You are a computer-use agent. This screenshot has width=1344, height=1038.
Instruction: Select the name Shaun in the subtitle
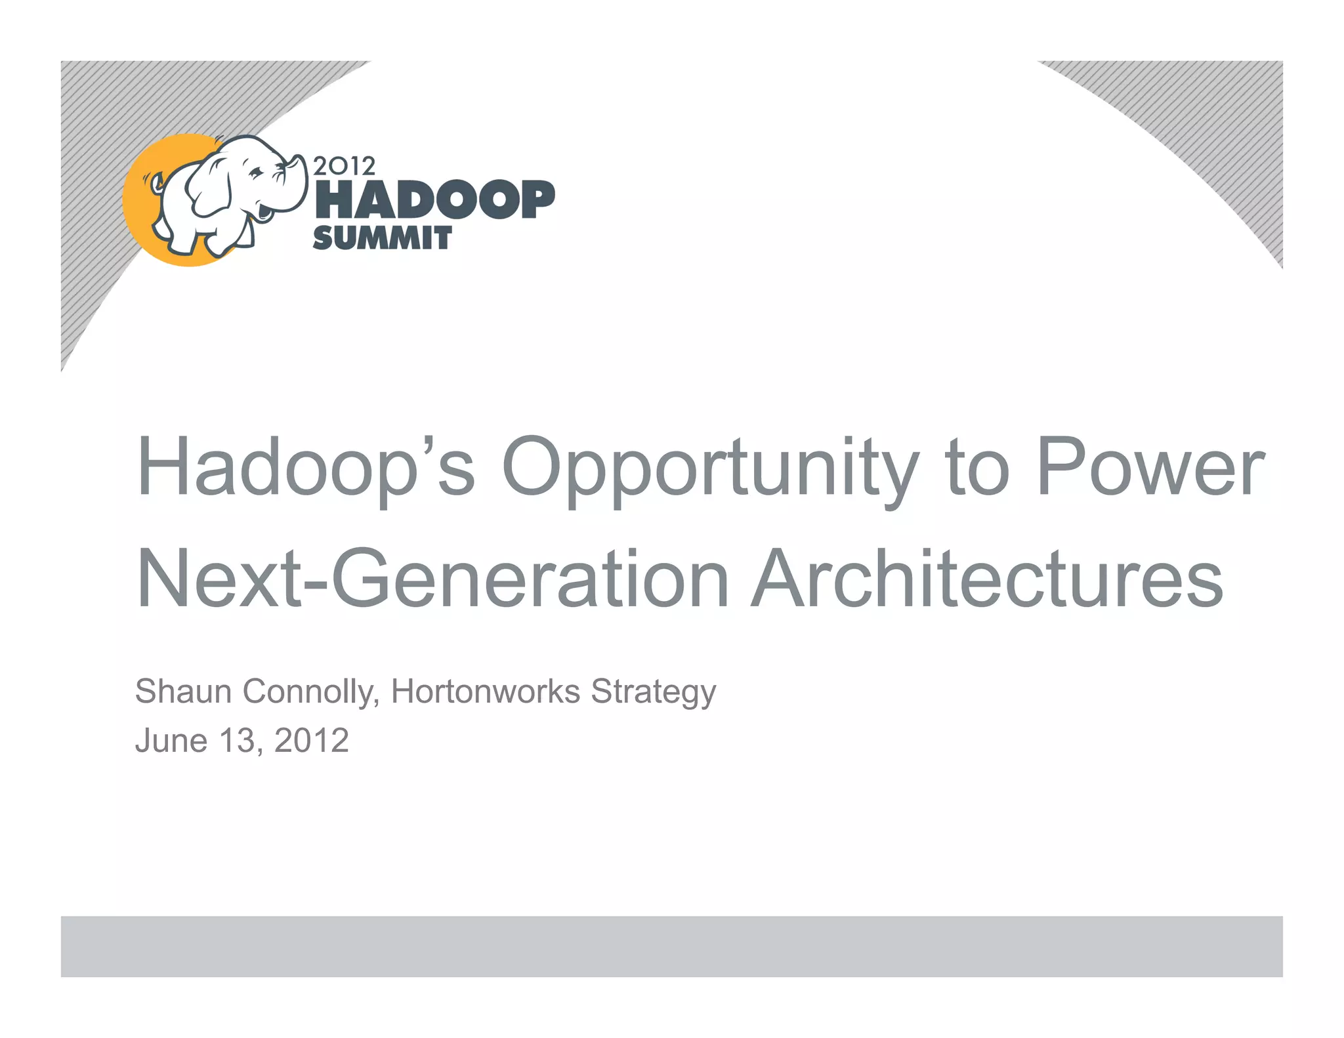click(183, 692)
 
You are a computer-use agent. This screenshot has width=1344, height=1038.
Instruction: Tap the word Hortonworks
click(485, 692)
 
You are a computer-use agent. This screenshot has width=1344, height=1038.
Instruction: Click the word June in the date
click(171, 741)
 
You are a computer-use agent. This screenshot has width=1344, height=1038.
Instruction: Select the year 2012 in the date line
click(311, 741)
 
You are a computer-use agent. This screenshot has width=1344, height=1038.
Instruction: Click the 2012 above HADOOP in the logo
click(344, 166)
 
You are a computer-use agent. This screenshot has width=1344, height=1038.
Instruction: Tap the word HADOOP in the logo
click(434, 200)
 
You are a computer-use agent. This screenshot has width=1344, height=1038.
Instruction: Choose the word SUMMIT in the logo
click(382, 238)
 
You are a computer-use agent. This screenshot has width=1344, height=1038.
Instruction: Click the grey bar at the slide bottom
click(671, 946)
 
